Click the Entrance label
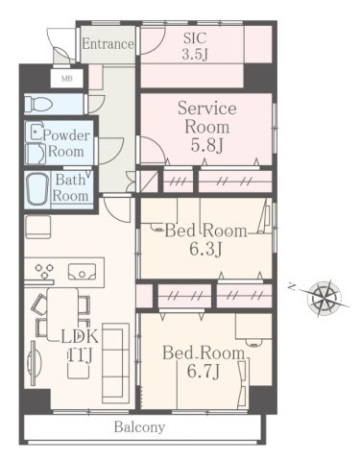coord(108,44)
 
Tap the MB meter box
coord(67,78)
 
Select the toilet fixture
coord(38,104)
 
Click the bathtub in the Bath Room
coord(37,189)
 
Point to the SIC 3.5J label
coord(195,46)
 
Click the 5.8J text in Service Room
coord(206,145)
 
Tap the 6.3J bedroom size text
coord(205,249)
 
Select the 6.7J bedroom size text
coord(204,372)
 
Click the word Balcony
coord(139,427)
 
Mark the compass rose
coord(324,298)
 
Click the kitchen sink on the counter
coord(82,272)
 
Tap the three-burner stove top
coord(44,271)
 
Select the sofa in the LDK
coord(115,363)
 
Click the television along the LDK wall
coord(34,363)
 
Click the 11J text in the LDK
coord(80,354)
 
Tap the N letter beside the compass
coord(292,287)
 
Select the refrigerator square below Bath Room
coord(37,227)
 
